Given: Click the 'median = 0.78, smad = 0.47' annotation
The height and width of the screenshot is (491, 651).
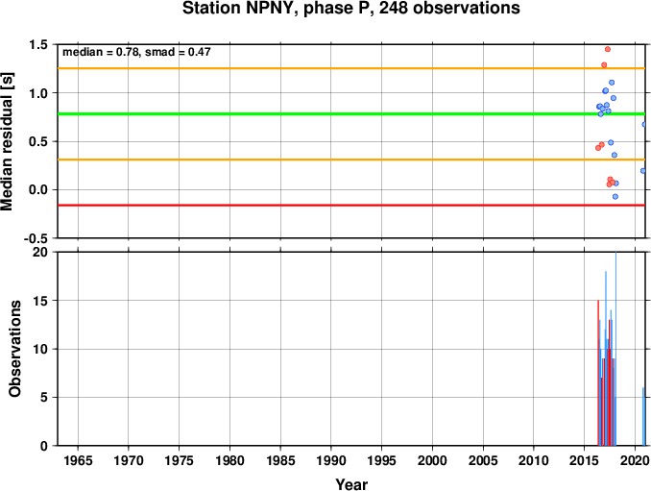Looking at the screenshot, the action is coord(136,52).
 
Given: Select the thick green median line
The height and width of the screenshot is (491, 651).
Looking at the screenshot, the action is coord(351,113).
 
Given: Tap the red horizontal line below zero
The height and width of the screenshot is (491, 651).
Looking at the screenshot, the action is coord(351,206).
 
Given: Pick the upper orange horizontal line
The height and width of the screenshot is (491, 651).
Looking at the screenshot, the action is coord(351,68).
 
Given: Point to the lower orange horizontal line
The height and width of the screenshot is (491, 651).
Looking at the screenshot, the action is coord(351,160).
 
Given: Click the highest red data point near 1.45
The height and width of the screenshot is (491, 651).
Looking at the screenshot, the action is coord(608,49).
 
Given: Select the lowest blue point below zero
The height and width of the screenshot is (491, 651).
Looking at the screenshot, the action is coord(615,196).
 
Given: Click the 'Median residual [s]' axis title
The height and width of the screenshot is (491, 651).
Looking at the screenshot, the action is coord(7,141).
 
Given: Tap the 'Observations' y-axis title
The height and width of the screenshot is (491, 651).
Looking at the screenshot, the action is coord(15,349).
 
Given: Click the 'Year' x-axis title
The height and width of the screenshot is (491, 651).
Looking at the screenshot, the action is coord(351,484).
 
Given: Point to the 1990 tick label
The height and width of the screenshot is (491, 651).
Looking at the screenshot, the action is coord(331,460).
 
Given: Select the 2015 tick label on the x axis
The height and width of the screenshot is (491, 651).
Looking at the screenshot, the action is coord(584,460).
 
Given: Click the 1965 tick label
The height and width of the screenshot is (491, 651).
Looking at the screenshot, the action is coord(78,460).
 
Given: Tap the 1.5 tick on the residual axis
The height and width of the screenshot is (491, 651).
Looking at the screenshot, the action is coord(38,44).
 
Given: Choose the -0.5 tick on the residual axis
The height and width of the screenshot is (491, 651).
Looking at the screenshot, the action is coord(36,238).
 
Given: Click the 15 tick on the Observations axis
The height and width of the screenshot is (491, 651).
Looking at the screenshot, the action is coord(40,301).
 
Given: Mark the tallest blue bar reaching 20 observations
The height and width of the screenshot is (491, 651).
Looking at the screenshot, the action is coord(615,349).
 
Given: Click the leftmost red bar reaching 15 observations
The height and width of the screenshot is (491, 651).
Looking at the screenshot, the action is coord(598,373).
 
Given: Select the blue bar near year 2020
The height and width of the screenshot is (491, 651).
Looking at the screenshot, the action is coord(643,417).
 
